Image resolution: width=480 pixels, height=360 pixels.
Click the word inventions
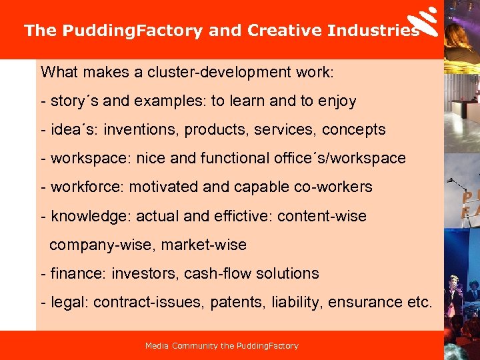137,129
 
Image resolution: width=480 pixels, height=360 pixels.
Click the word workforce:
87,187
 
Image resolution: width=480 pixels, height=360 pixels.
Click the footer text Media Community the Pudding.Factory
222,346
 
